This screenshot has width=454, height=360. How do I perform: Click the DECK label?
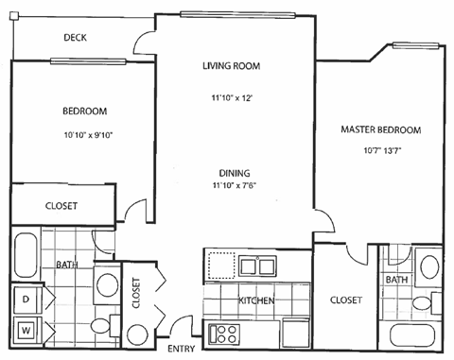point(76,38)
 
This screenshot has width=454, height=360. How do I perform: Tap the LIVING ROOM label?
point(231,66)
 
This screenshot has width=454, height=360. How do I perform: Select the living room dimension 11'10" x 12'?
point(231,97)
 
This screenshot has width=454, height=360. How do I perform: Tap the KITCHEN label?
point(256,300)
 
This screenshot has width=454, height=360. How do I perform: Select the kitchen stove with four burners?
point(227,333)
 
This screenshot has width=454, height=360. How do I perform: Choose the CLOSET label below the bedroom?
point(61,206)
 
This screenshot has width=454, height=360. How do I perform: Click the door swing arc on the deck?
point(144,43)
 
